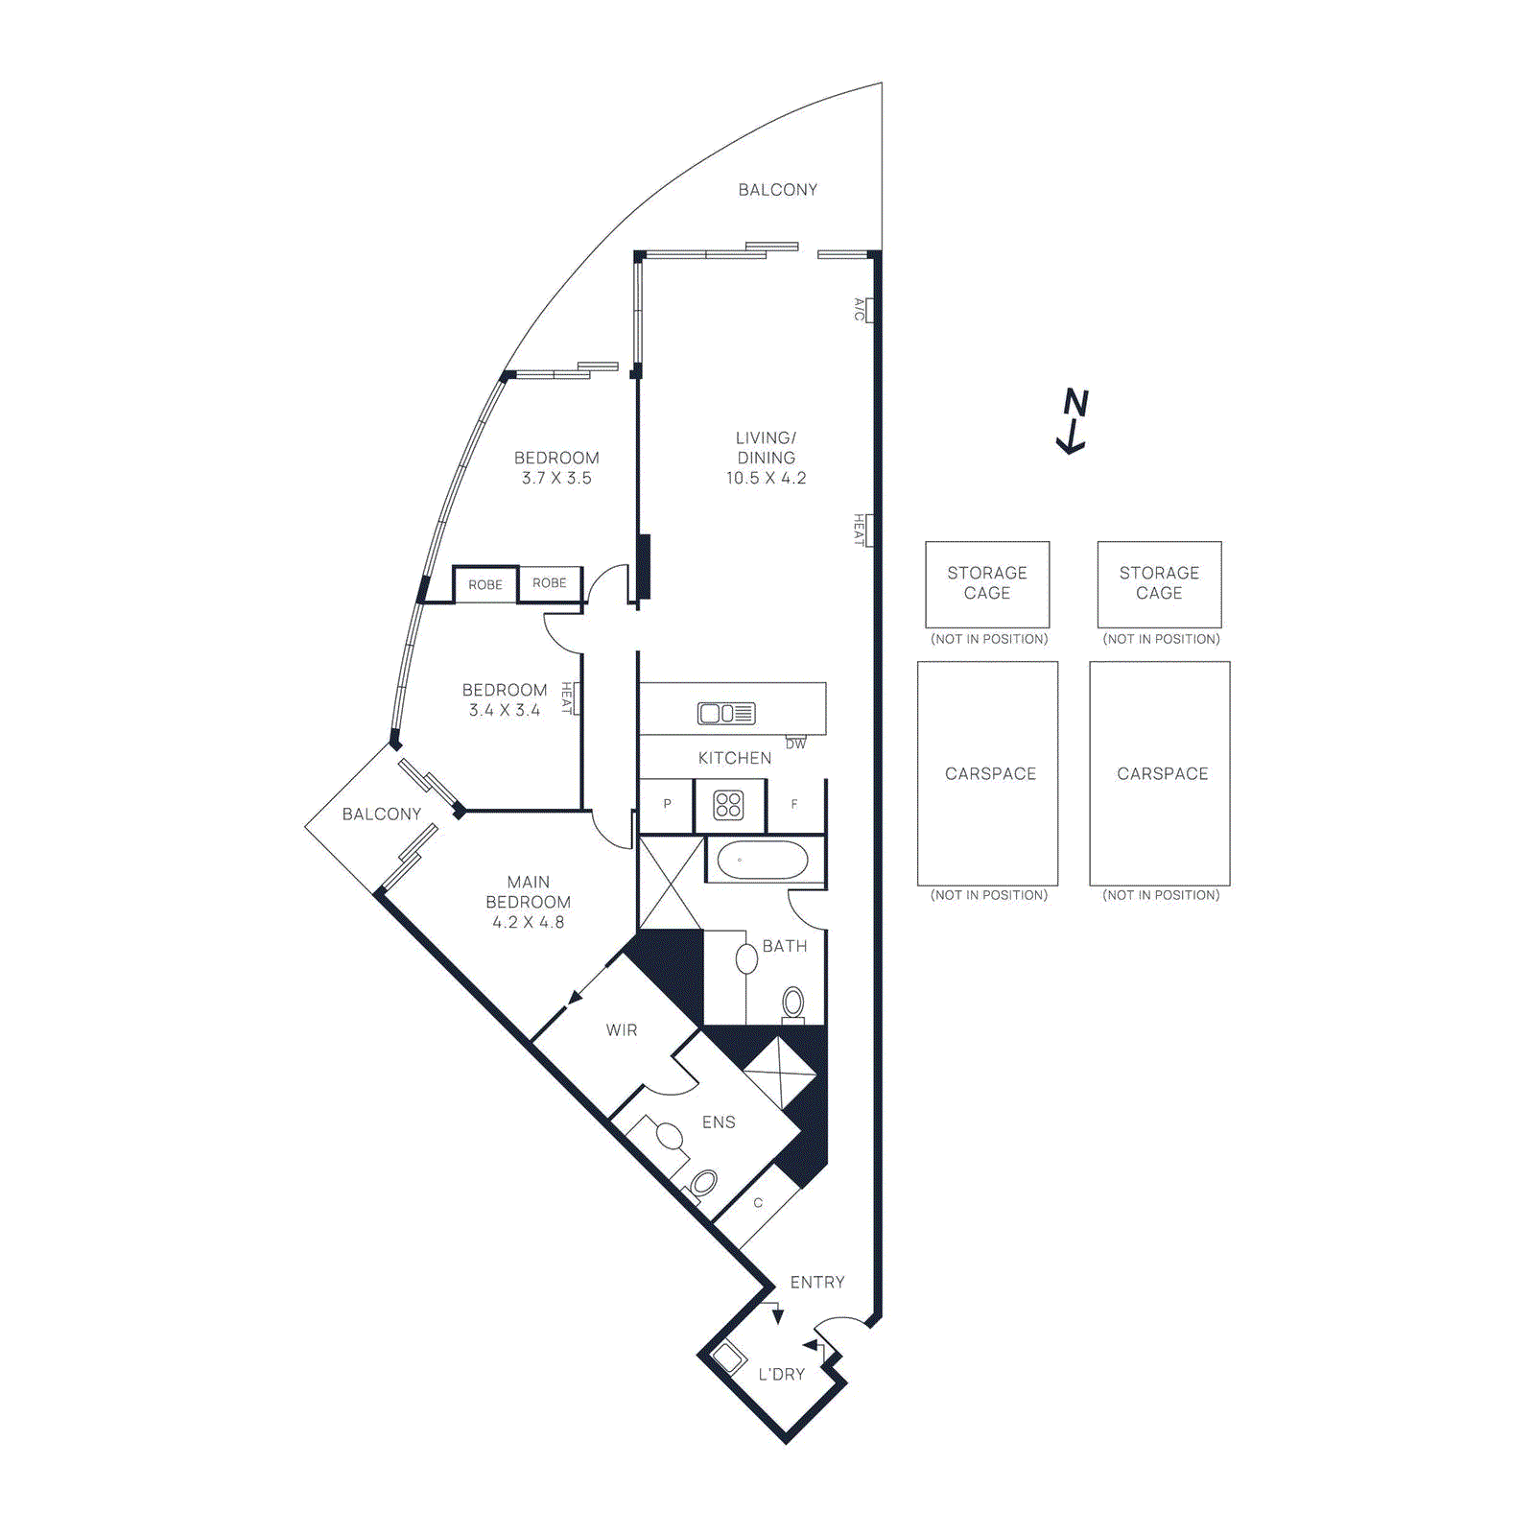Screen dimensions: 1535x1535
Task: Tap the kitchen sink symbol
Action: click(x=726, y=713)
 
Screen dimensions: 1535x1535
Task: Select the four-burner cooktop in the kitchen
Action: click(x=728, y=805)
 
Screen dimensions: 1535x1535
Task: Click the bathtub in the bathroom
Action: click(x=763, y=861)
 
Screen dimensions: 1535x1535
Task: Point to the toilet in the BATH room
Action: click(x=793, y=1004)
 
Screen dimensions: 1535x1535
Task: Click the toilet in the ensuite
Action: click(x=703, y=1184)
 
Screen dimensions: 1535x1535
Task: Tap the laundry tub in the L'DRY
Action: click(x=729, y=1358)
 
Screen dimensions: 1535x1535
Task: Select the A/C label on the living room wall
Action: click(x=860, y=309)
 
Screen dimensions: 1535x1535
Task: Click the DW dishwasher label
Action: click(x=795, y=744)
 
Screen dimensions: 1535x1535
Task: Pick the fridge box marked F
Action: click(x=794, y=805)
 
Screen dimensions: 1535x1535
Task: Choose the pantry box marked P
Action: click(x=667, y=805)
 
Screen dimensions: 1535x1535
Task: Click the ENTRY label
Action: click(x=817, y=1282)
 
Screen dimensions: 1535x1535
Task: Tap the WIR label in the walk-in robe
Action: click(x=622, y=1030)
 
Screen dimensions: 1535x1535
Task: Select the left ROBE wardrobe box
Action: click(x=485, y=584)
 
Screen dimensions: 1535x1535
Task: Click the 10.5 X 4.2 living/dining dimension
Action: click(x=766, y=478)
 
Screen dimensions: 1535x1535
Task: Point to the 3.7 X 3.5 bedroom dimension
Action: click(x=556, y=478)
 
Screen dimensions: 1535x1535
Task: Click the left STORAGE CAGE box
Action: click(x=987, y=583)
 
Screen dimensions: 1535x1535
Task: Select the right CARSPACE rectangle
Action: click(x=1160, y=773)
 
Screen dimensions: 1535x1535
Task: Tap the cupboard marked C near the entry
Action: click(x=758, y=1203)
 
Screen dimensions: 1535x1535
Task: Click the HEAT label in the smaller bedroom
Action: click(x=567, y=697)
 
